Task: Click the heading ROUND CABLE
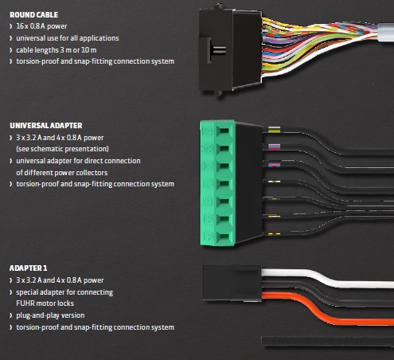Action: [33, 14]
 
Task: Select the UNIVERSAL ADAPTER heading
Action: [46, 126]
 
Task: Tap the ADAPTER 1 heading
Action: [28, 268]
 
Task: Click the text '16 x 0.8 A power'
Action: [41, 26]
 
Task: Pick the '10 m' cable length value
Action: [88, 50]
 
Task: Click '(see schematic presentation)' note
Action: [62, 149]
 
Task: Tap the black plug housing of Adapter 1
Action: [232, 283]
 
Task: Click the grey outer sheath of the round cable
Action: [385, 32]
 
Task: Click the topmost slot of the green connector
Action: [224, 131]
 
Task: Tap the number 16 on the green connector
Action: [208, 237]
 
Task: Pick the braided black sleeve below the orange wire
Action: [328, 341]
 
